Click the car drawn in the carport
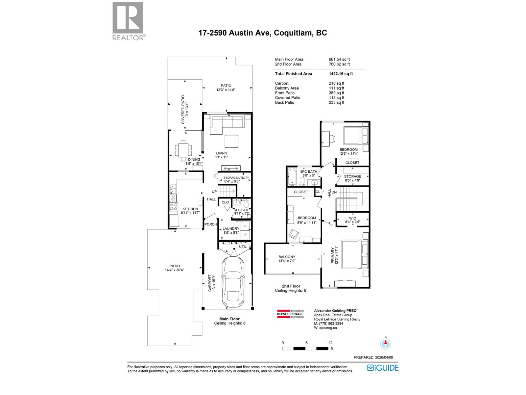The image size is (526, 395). [x=233, y=281]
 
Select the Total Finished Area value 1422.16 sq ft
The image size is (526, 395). [x=341, y=74]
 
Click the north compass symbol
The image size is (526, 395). [x=386, y=344]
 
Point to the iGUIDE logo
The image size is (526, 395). [x=383, y=368]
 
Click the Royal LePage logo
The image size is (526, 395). [x=290, y=313]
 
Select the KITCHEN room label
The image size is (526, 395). [x=190, y=209]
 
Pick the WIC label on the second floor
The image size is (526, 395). [x=352, y=218]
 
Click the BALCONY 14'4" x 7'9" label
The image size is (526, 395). [x=287, y=259]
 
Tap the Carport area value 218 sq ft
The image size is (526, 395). [x=336, y=83]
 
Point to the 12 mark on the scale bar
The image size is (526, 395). [x=330, y=343]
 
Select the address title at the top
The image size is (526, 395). [x=263, y=33]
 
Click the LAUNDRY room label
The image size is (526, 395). [x=231, y=229]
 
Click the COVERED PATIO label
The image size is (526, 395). [x=185, y=110]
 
